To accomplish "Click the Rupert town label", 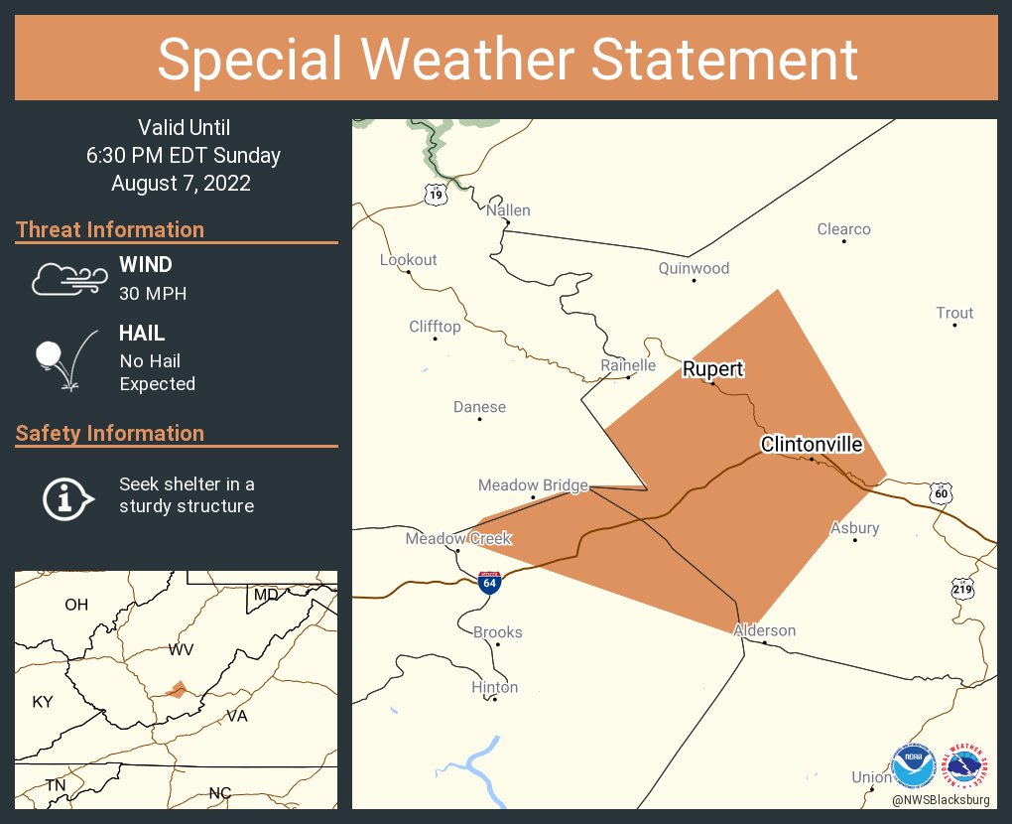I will click(712, 369).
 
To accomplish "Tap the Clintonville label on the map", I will click(811, 445).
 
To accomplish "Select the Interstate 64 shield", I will click(488, 583).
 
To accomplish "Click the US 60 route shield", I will click(942, 493).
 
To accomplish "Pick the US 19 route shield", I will click(437, 195).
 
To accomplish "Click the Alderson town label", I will click(764, 630).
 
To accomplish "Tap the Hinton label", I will click(494, 687).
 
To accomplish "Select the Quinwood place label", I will click(694, 268).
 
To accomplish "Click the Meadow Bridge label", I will click(533, 485).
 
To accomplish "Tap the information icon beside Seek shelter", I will click(66, 496).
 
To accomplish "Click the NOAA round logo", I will click(914, 766).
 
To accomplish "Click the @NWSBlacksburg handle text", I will click(940, 799).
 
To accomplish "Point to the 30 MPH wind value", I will click(153, 294).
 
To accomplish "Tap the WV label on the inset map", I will click(181, 649).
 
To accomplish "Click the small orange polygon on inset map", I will click(176, 689).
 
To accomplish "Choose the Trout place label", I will click(954, 313).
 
